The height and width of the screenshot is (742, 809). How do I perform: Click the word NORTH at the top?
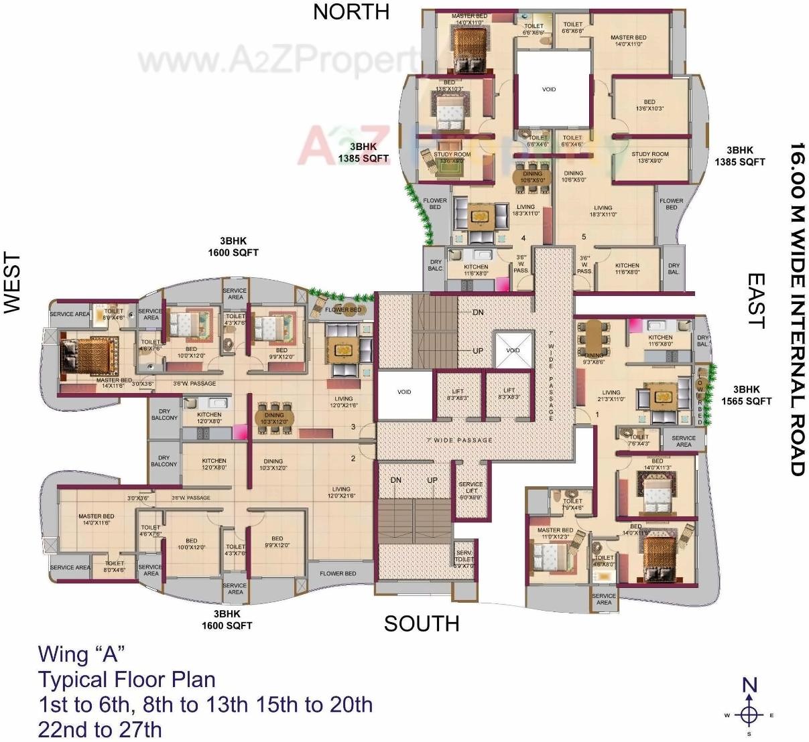coord(351,12)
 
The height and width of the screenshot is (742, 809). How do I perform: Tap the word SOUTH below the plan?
coord(422,623)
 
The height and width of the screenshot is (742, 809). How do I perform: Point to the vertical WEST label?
coord(13,283)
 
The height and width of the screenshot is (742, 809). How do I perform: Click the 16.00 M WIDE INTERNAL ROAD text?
coord(796,309)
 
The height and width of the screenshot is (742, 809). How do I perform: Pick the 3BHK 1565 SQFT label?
coord(746,395)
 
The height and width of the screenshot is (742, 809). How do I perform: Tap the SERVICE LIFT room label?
coord(471,490)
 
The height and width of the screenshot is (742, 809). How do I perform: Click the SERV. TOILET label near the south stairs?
coord(464,559)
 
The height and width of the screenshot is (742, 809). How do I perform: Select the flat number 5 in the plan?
coord(584,237)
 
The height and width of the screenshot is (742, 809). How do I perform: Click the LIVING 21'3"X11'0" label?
coord(611,396)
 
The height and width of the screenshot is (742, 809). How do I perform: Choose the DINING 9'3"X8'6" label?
coord(595,359)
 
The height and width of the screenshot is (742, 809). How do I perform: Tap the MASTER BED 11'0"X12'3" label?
coord(554,533)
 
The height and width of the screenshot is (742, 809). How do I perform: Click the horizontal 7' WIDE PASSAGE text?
coord(459,440)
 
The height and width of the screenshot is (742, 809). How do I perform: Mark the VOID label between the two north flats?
coord(548,89)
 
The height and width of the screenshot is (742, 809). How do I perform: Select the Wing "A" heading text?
coord(82,654)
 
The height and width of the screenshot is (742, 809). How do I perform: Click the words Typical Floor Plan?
coord(127,680)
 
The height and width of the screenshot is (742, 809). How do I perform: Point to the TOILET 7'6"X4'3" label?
coord(639,440)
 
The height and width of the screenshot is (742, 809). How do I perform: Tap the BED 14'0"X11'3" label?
coord(657,464)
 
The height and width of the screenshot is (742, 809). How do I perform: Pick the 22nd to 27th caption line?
coord(100,729)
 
